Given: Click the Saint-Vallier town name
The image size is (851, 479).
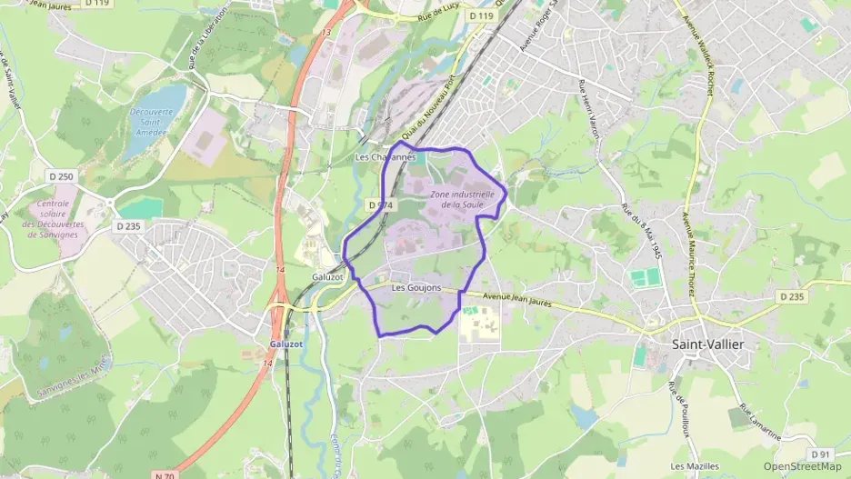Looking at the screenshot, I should pos(706,344).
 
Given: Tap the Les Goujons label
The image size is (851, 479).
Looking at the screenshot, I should pos(415,288).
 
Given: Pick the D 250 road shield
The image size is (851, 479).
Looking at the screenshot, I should pos(61,175).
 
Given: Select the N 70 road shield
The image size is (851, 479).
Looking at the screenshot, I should pos(165,474).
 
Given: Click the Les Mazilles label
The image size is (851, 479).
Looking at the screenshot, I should pos(695,466).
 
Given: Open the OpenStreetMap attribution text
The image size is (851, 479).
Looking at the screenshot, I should pos(802,466).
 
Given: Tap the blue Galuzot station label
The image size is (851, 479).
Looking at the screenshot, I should pos(285,344).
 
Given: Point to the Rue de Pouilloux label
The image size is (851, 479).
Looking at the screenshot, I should pos(678,407).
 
